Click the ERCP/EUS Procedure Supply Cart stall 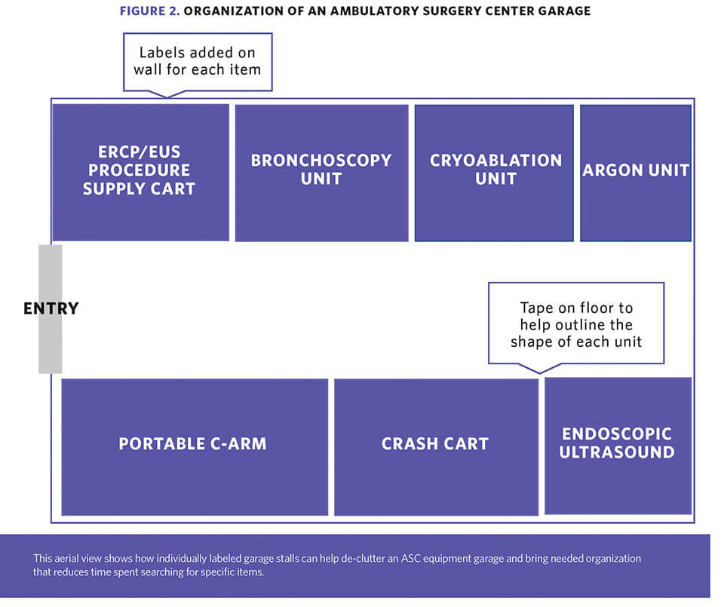click(x=141, y=173)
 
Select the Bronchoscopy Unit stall click(x=321, y=173)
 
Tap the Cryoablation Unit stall click(x=494, y=173)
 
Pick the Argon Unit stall click(x=636, y=173)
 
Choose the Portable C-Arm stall click(x=195, y=447)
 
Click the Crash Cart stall click(x=436, y=447)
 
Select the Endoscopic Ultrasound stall click(x=618, y=446)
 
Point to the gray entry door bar click(x=50, y=309)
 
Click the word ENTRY click(x=51, y=308)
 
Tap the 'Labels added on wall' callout click(x=198, y=62)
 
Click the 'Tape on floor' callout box click(x=576, y=323)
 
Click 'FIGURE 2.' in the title click(x=149, y=11)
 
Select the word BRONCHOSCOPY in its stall click(x=321, y=161)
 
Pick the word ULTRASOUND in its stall click(x=617, y=452)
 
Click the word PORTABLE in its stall click(x=162, y=444)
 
